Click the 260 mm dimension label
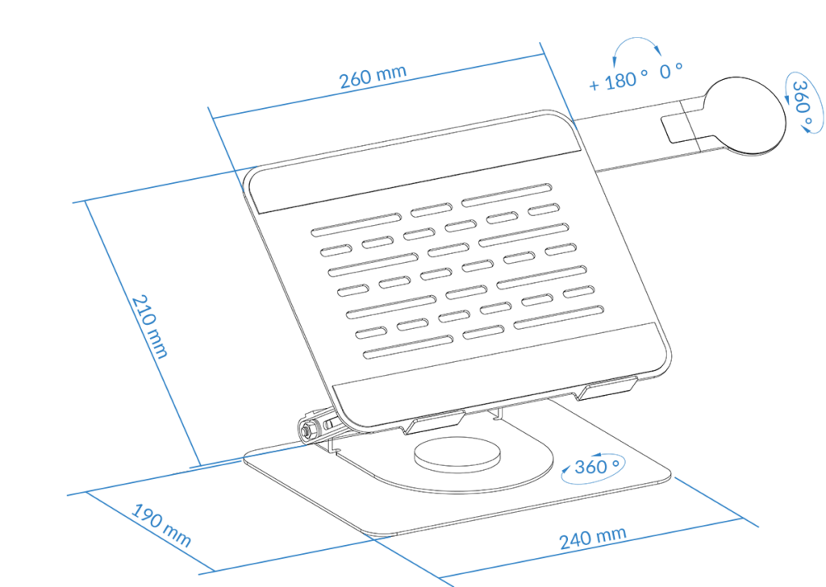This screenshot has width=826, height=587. [x=373, y=77]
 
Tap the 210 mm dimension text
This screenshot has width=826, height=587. [x=149, y=325]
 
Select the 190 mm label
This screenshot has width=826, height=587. [x=161, y=526]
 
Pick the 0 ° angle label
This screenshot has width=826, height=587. [x=671, y=72]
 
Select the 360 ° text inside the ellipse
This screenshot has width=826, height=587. [x=597, y=467]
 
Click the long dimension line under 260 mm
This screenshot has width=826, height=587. [x=379, y=86]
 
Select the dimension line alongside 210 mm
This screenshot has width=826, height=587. [x=141, y=331]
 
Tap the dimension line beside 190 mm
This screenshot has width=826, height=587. [x=150, y=532]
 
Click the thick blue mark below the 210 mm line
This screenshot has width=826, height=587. [x=215, y=464]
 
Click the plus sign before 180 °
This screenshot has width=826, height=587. [x=594, y=85]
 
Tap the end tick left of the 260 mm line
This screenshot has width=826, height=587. [x=226, y=149]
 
